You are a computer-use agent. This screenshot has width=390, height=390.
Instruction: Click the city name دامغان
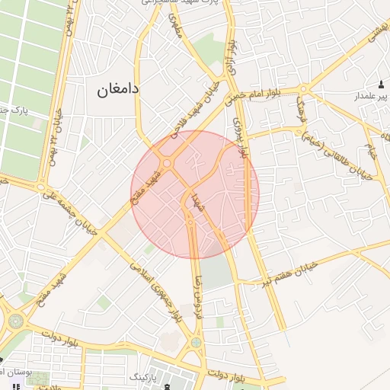[118, 89]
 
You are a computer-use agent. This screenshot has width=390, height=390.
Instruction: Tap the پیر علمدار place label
[369, 97]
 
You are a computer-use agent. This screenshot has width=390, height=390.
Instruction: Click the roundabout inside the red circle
[166, 162]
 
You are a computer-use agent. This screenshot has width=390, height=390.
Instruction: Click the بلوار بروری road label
[241, 137]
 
